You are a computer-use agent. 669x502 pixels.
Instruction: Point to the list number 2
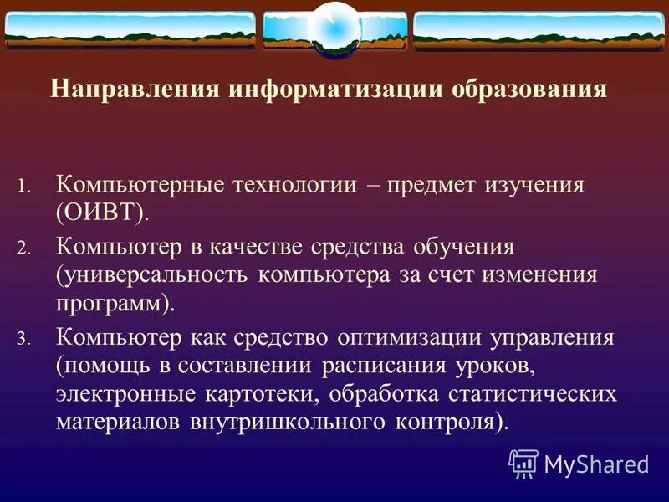pos(23,249)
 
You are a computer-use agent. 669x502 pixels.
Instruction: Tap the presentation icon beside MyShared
pos(523,463)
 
